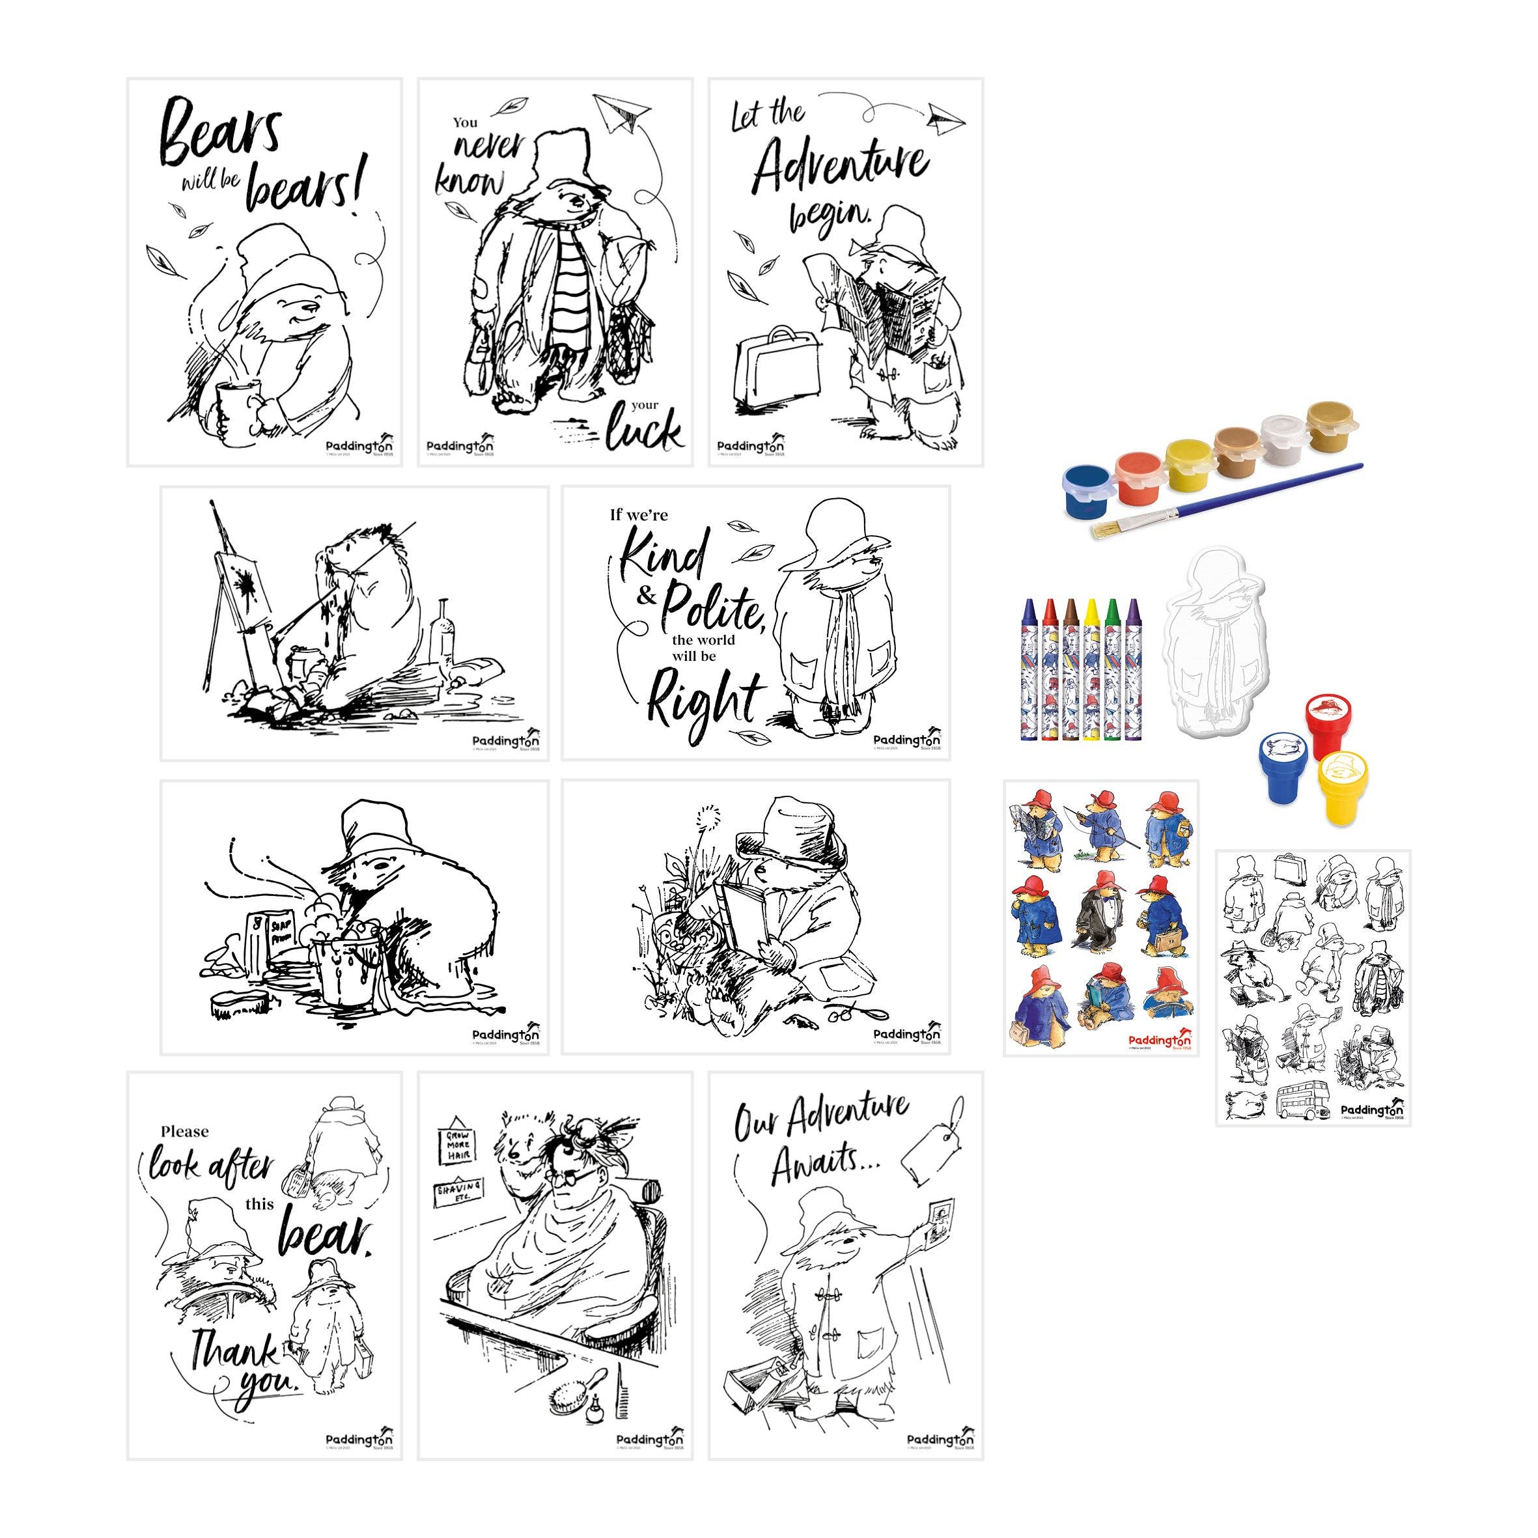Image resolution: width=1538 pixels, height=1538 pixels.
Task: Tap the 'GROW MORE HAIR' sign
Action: pos(458,1146)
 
